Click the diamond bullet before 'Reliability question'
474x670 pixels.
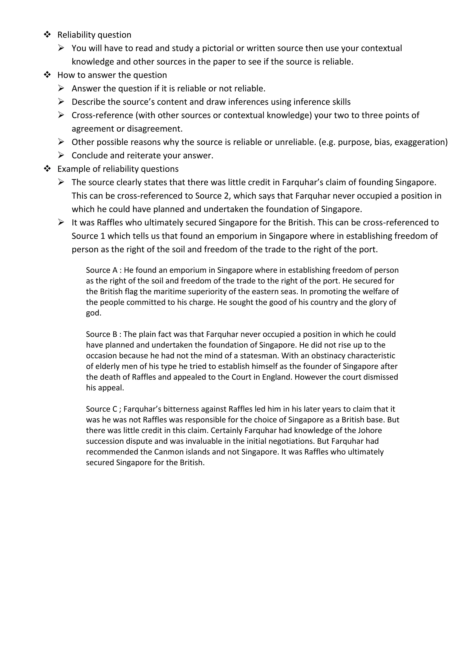point(47,35)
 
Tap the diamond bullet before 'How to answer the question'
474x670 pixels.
point(47,75)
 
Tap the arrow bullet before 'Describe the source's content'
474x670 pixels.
point(61,102)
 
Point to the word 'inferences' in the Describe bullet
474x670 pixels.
point(246,102)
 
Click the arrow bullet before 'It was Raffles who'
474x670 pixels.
point(61,223)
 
